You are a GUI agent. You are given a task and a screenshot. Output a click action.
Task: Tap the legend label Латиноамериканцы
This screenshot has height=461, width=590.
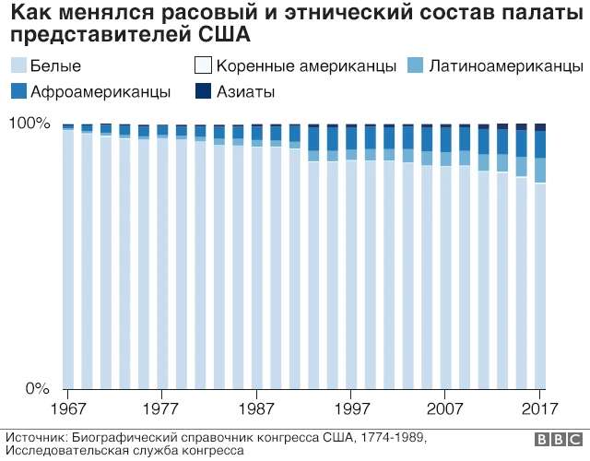coord(505,67)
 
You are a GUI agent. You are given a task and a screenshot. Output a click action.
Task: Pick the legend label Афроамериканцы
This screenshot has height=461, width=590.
coord(100,91)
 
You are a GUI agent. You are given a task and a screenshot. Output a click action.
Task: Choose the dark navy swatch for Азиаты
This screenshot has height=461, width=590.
coord(202,91)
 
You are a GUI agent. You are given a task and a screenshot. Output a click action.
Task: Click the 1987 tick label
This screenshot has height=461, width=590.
coord(256,407)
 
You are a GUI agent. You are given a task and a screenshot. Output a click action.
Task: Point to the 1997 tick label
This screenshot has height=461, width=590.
coord(351,407)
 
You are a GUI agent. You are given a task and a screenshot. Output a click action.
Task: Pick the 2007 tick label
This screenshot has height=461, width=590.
coord(446,407)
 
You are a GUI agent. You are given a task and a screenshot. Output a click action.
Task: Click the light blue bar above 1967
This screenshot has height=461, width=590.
coord(67,258)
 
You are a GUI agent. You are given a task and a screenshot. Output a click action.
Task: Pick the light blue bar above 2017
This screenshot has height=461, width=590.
coord(541,286)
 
